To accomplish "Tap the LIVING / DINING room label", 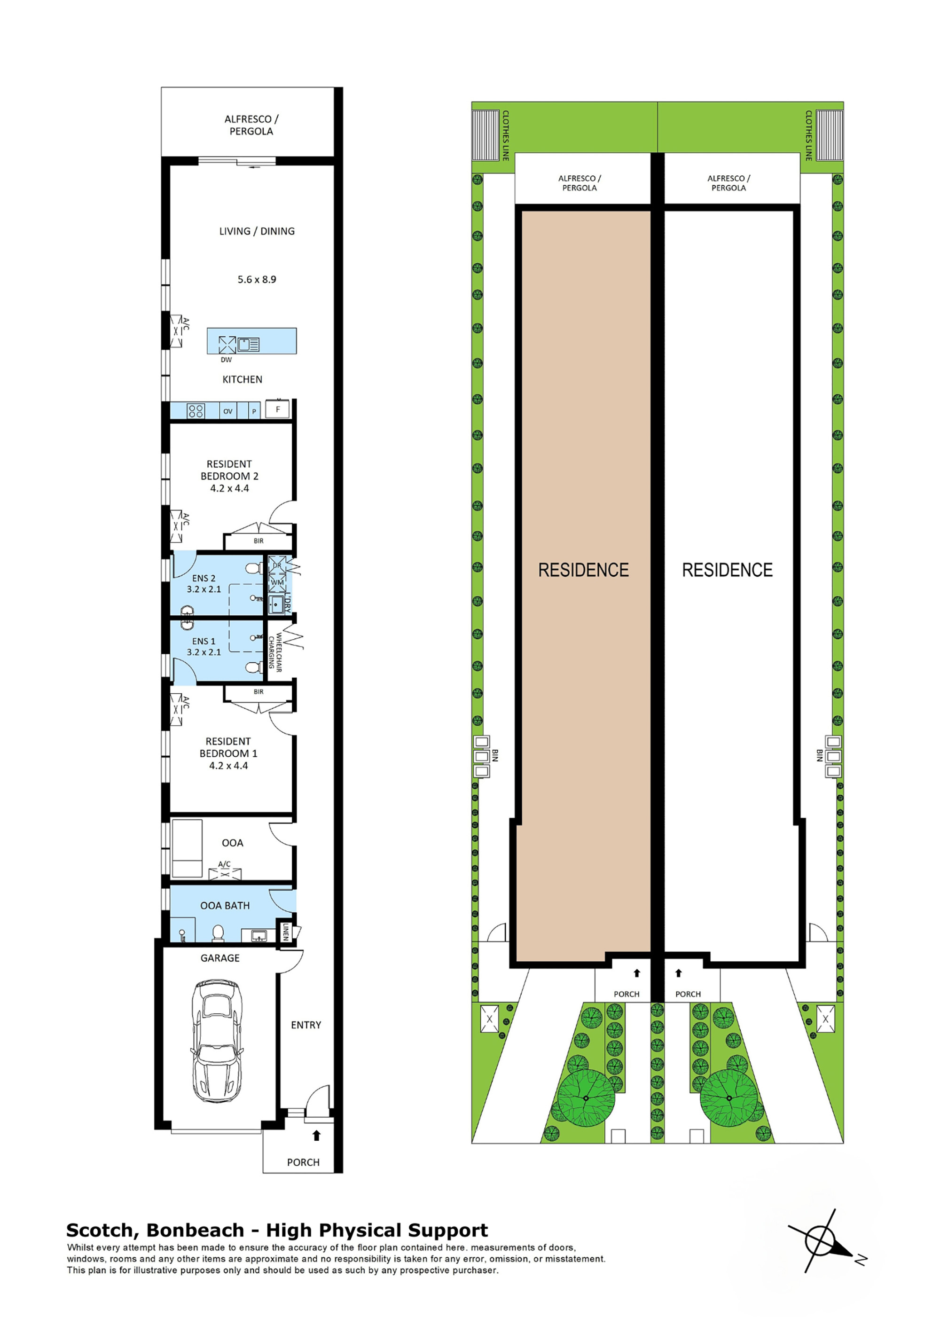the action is point(257,231).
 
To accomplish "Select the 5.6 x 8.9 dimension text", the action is point(257,279).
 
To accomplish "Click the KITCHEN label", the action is point(242,379).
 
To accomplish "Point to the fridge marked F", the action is point(277,409).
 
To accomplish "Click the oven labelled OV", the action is point(228,411).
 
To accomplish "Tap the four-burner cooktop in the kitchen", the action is point(196,411).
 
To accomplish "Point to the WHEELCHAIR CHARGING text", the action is point(275,652).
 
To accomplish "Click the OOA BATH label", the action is point(225,905).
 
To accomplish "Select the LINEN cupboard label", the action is point(285,932).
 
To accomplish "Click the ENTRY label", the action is point(305,1025).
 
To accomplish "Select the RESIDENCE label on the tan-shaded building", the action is point(583,570).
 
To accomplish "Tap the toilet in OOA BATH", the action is point(218,933).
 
